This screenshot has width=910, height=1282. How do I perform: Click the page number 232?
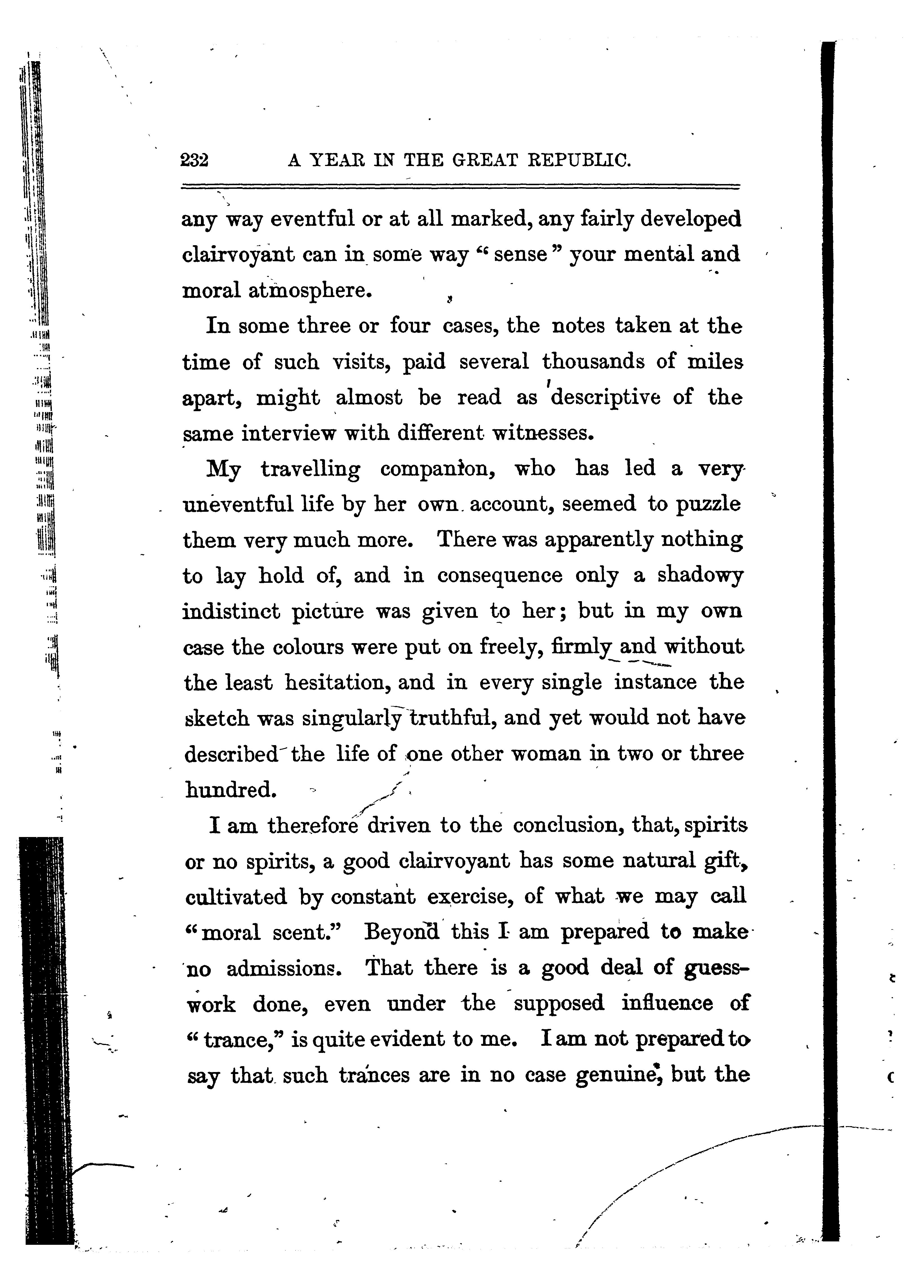(194, 161)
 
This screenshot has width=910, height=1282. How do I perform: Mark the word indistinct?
(231, 611)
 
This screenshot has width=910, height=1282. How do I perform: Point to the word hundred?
(230, 790)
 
